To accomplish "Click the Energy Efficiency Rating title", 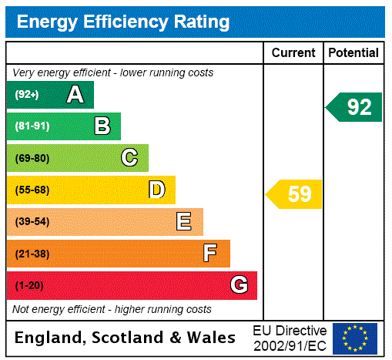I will tap(123, 22).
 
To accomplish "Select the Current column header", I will tap(293, 52).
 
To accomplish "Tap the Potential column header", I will tap(353, 52).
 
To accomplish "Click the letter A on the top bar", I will tap(75, 95).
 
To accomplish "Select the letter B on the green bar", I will tap(102, 126).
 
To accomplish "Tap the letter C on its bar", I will tap(129, 158).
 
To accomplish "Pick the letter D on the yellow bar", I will tap(156, 190).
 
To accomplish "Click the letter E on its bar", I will tap(184, 222).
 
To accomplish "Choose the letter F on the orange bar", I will tap(210, 254).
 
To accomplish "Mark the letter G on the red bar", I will tap(239, 285).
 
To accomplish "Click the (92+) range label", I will tap(26, 95).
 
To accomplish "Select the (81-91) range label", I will tap(32, 126).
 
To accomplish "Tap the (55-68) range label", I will tap(32, 190).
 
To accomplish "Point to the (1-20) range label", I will tap(29, 286).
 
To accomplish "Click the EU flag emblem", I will tap(355, 338).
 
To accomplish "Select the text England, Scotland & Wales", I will tap(126, 338).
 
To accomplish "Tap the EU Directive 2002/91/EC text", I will tap(290, 338).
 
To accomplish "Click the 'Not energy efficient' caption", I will tap(112, 309).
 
